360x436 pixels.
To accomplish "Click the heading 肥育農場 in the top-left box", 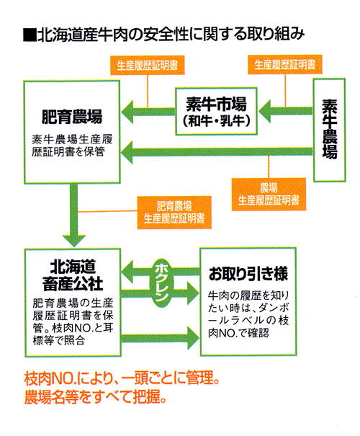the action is click(x=72, y=117).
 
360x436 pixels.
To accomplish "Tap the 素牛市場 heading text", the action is click(x=217, y=104).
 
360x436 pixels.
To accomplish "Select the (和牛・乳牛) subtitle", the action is click(x=217, y=121).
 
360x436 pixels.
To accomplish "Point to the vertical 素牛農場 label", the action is click(x=330, y=129).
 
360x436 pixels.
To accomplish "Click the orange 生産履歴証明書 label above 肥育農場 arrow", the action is click(x=147, y=66).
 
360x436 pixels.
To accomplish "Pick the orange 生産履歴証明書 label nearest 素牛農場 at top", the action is click(x=284, y=65).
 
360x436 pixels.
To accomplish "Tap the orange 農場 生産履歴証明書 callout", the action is click(x=269, y=194).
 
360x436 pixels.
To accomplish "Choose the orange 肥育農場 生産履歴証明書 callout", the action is click(x=174, y=213).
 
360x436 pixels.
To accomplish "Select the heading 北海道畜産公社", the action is click(x=73, y=275).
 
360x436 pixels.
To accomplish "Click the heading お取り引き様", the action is click(x=248, y=273).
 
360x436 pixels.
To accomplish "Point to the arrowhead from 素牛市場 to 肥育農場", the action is click(x=127, y=112).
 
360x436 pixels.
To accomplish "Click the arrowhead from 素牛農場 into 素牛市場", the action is click(x=264, y=111).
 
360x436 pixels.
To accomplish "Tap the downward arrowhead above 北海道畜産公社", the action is click(x=74, y=241).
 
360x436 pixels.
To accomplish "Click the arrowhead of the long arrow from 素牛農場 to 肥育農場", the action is click(x=127, y=152).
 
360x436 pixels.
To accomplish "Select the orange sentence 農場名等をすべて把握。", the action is click(x=95, y=397).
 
